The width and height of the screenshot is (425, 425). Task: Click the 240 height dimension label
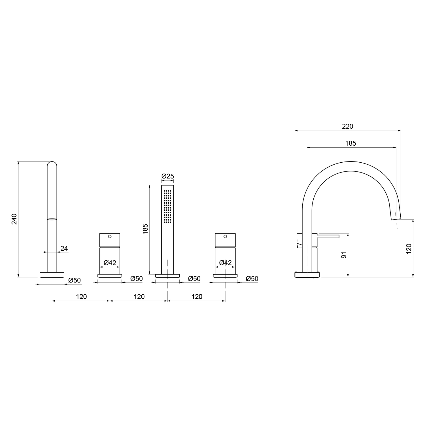(x=14, y=219)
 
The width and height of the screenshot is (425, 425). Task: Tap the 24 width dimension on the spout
(x=64, y=248)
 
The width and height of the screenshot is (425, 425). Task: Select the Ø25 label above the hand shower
(x=167, y=176)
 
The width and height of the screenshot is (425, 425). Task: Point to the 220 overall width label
(x=347, y=126)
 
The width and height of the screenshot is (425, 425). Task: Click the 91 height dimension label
(x=344, y=255)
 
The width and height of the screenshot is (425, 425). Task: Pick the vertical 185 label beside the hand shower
(x=145, y=229)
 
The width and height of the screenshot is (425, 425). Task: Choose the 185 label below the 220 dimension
(x=350, y=143)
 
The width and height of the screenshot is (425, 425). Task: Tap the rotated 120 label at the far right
(x=409, y=248)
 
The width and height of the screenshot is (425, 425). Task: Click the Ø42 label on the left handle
(x=110, y=263)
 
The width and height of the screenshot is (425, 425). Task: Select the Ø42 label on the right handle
(x=225, y=263)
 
